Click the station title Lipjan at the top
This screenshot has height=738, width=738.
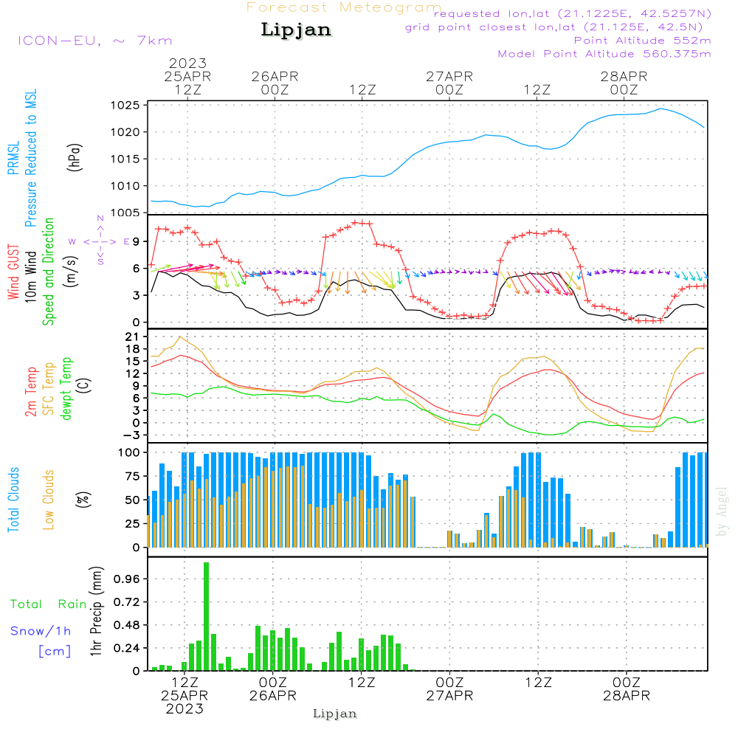pyautogui.click(x=296, y=30)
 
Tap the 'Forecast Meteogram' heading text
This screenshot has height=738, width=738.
pyautogui.click(x=344, y=7)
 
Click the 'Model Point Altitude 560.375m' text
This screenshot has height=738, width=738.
pyautogui.click(x=604, y=54)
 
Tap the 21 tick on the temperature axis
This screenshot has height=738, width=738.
pyautogui.click(x=134, y=337)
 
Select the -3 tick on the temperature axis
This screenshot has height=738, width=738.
pyautogui.click(x=134, y=435)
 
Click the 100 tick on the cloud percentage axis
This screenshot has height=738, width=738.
pyautogui.click(x=130, y=452)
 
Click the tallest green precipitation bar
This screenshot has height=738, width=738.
pyautogui.click(x=207, y=616)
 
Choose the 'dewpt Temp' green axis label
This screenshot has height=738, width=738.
pyautogui.click(x=66, y=388)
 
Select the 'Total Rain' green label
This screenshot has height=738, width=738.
pyautogui.click(x=49, y=604)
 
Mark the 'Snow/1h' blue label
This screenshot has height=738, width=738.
pyautogui.click(x=41, y=631)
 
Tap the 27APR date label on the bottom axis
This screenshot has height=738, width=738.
pyautogui.click(x=449, y=696)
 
